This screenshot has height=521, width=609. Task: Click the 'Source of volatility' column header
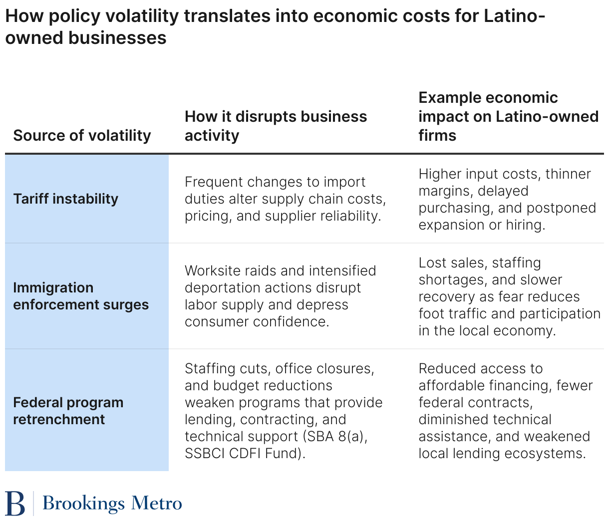click(82, 135)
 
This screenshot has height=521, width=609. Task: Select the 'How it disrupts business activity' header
click(276, 126)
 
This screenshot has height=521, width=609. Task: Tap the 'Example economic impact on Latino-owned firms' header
click(508, 116)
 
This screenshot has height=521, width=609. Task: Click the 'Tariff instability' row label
click(66, 199)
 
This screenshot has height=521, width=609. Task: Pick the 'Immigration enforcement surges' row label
click(81, 296)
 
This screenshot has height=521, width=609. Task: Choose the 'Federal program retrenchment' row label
click(68, 411)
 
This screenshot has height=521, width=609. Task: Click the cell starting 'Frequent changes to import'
click(285, 199)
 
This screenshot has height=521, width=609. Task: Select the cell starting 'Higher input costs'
click(507, 199)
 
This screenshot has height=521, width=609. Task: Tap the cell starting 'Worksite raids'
click(280, 296)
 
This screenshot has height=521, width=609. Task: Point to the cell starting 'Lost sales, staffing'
click(509, 296)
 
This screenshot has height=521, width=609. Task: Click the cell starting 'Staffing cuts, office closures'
click(283, 411)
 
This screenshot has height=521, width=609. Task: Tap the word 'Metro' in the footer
click(156, 503)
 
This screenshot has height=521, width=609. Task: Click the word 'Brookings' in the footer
click(83, 504)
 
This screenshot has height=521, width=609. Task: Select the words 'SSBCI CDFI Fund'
click(243, 453)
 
